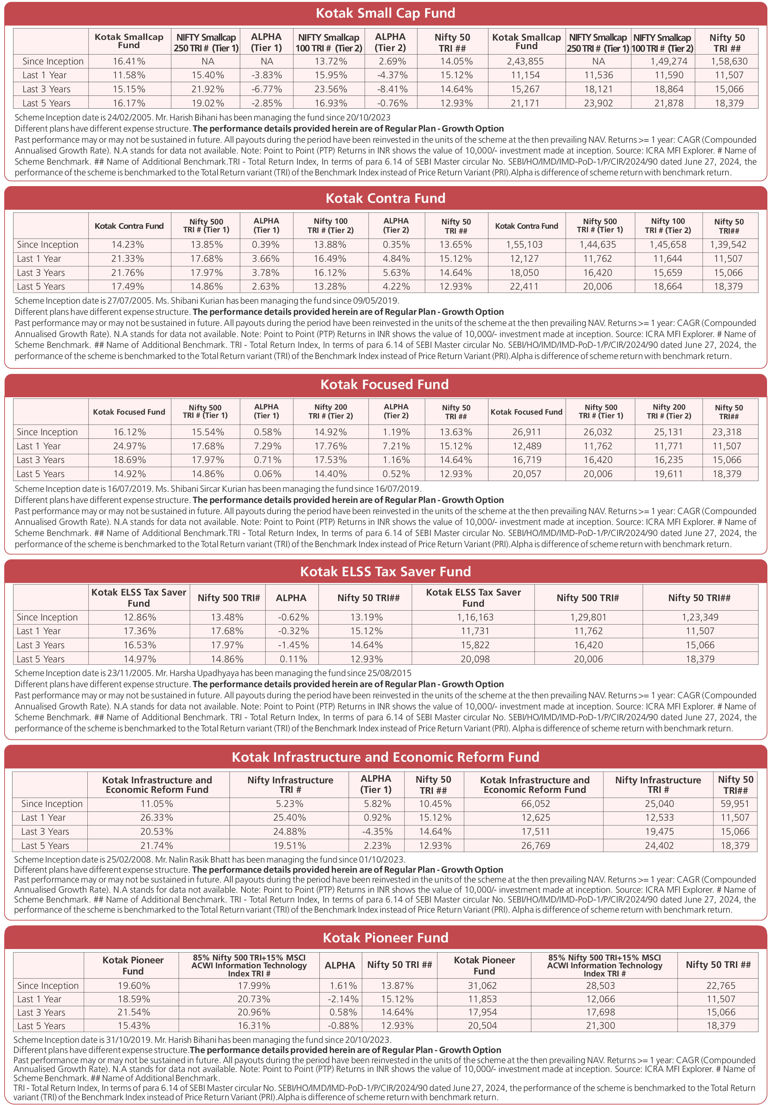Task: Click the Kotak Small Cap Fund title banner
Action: tap(385, 13)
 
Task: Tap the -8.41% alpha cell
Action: tap(390, 89)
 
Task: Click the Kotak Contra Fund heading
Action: tap(385, 198)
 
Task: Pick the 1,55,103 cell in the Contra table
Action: tap(524, 244)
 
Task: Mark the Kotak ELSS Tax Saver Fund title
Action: tap(385, 571)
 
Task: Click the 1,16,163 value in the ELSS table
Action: tap(475, 617)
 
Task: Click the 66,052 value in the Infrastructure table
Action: tap(535, 804)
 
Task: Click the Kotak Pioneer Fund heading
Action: tap(385, 937)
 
